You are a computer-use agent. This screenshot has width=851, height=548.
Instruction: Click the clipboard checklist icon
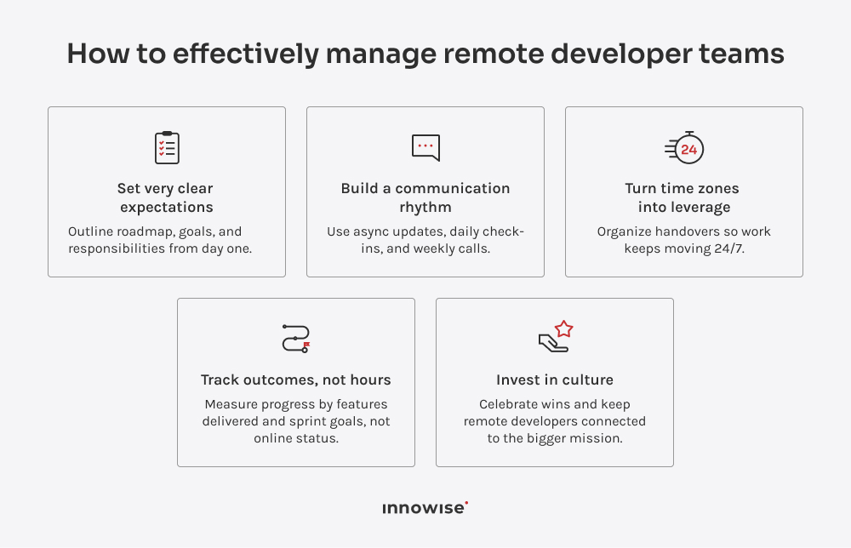pyautogui.click(x=167, y=148)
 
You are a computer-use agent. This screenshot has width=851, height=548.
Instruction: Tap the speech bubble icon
pyautogui.click(x=425, y=147)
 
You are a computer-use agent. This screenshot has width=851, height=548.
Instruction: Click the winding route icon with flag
pyautogui.click(x=296, y=338)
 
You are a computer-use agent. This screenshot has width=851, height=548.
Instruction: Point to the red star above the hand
pyautogui.click(x=563, y=328)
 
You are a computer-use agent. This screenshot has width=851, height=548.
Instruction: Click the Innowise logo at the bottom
pyautogui.click(x=425, y=508)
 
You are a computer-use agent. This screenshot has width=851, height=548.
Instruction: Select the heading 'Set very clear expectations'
pyautogui.click(x=167, y=197)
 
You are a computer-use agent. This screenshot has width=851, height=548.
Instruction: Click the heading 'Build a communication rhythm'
pyautogui.click(x=425, y=197)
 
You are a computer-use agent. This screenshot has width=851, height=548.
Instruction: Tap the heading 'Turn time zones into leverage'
pyautogui.click(x=683, y=197)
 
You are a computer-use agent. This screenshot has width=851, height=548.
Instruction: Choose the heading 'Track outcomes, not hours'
pyautogui.click(x=296, y=380)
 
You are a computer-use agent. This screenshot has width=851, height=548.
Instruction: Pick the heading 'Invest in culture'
pyautogui.click(x=555, y=380)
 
